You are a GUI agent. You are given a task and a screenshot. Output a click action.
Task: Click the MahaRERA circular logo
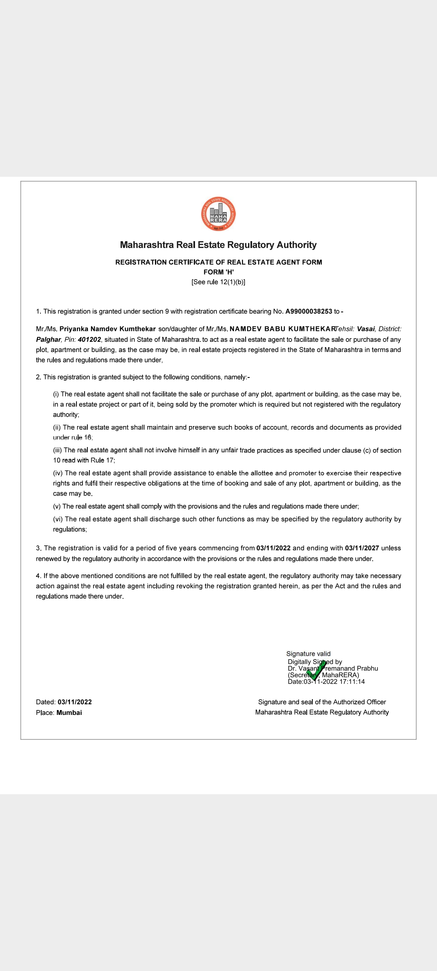218,214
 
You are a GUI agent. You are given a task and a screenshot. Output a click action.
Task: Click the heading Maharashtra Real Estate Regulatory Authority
218,245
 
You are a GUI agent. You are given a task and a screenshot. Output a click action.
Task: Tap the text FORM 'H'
218,272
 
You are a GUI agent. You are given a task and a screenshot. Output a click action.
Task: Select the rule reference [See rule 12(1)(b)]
218,282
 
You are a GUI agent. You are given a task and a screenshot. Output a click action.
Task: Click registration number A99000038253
309,312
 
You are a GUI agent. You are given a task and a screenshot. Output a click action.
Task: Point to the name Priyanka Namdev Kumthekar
108,329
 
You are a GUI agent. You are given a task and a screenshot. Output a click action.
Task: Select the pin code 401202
89,339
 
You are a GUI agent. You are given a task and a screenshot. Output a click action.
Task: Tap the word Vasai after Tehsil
366,329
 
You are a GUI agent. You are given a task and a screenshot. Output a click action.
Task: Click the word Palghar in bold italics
49,339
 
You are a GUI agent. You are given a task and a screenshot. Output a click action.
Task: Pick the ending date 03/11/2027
362,548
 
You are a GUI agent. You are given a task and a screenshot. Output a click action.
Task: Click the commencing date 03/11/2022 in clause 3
274,548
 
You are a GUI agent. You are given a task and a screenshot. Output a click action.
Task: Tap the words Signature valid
308,654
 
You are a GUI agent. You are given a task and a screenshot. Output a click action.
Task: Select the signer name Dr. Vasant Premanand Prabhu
333,668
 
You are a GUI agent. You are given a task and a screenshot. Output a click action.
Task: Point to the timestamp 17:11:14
352,682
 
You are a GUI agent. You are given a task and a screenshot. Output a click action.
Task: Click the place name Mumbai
69,712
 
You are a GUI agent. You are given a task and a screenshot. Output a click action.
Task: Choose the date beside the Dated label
75,702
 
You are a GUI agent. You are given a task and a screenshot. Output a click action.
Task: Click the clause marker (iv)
58,473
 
